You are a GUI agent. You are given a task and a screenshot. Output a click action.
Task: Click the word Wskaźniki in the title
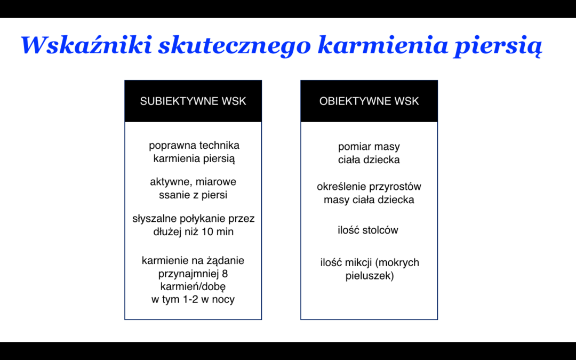tap(86, 45)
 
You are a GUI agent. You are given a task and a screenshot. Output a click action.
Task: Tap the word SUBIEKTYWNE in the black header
tap(179, 101)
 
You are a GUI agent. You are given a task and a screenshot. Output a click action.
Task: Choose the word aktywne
tap(171, 182)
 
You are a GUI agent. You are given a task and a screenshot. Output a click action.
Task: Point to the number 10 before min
tap(212, 232)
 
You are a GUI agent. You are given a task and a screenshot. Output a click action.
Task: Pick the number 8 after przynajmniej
tap(225, 274)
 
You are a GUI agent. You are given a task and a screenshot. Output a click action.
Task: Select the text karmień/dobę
tap(193, 286)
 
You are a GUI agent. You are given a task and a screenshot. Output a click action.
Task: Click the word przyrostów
tap(395, 187)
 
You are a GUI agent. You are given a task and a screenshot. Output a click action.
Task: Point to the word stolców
tap(380, 230)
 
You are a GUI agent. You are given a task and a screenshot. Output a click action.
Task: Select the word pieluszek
tap(369, 276)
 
